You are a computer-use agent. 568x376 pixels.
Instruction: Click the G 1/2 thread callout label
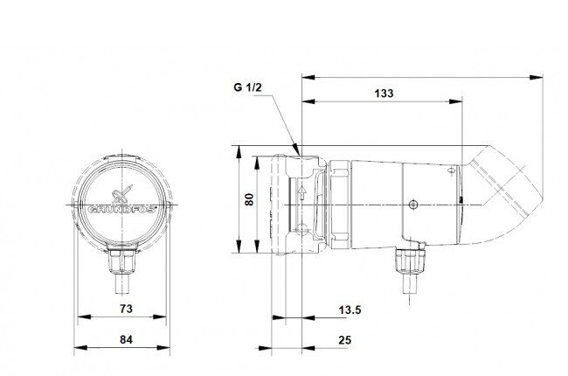tap(248, 87)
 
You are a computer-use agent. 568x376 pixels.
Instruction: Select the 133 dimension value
tap(384, 94)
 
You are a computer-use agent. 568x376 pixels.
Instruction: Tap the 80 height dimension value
tap(250, 199)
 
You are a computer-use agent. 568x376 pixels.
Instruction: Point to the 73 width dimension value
tap(126, 309)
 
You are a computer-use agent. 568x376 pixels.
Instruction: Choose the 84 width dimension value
tap(126, 340)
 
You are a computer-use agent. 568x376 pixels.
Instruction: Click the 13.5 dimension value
tap(350, 310)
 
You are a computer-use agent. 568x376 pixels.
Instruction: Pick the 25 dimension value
tap(345, 340)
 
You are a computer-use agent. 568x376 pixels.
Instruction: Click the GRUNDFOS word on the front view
tap(121, 210)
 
